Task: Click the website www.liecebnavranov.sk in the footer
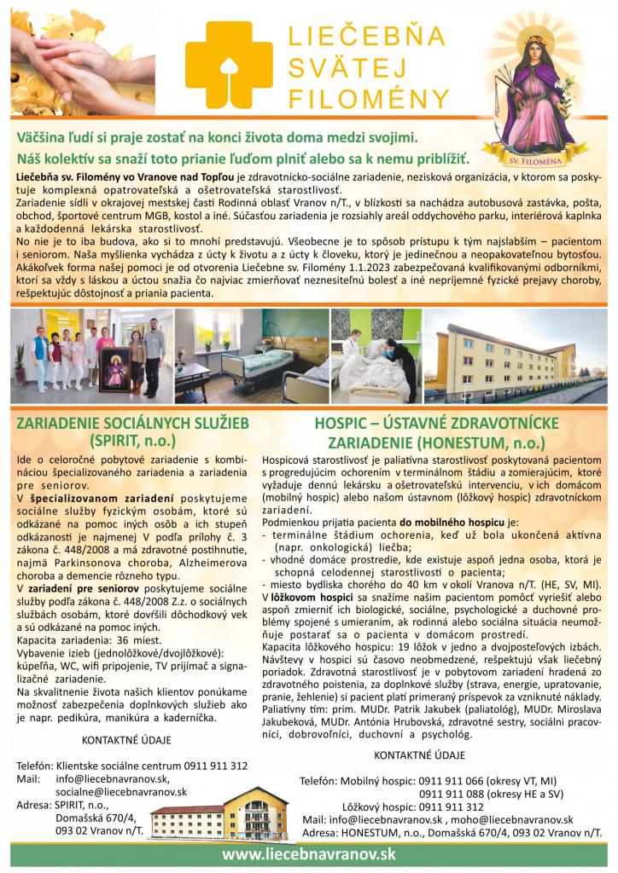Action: (308, 854)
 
